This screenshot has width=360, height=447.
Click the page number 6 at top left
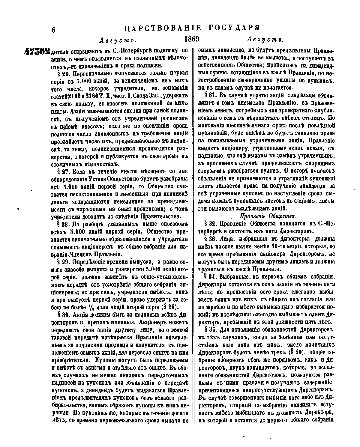(54, 30)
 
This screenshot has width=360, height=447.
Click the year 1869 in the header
(192, 39)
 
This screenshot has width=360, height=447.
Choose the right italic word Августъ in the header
(265, 40)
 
